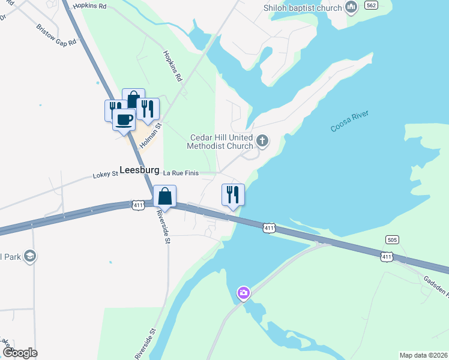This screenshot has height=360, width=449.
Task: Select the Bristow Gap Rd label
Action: (x=57, y=35)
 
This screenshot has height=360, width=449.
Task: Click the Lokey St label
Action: (x=105, y=175)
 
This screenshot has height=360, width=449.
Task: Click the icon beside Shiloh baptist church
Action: (x=352, y=7)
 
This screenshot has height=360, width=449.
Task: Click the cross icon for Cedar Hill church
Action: (x=262, y=142)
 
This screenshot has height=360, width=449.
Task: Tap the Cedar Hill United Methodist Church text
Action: (x=220, y=142)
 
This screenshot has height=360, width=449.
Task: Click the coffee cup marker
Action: (x=124, y=119)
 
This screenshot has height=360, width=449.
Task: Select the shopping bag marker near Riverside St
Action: (x=164, y=196)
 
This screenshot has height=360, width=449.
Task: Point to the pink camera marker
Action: (x=243, y=293)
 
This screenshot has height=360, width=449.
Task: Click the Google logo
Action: (x=19, y=353)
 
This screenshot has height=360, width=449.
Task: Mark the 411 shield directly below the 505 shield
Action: (x=387, y=257)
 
